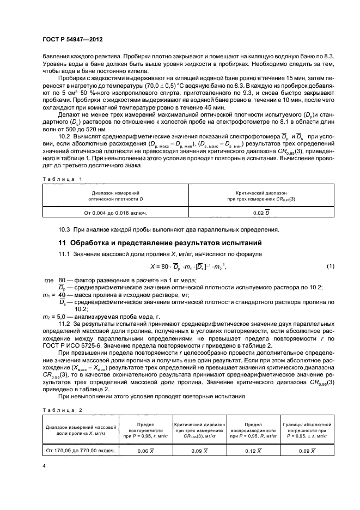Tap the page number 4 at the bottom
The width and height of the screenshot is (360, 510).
(x=44, y=465)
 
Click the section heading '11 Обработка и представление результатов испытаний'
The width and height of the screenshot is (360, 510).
(x=162, y=242)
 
